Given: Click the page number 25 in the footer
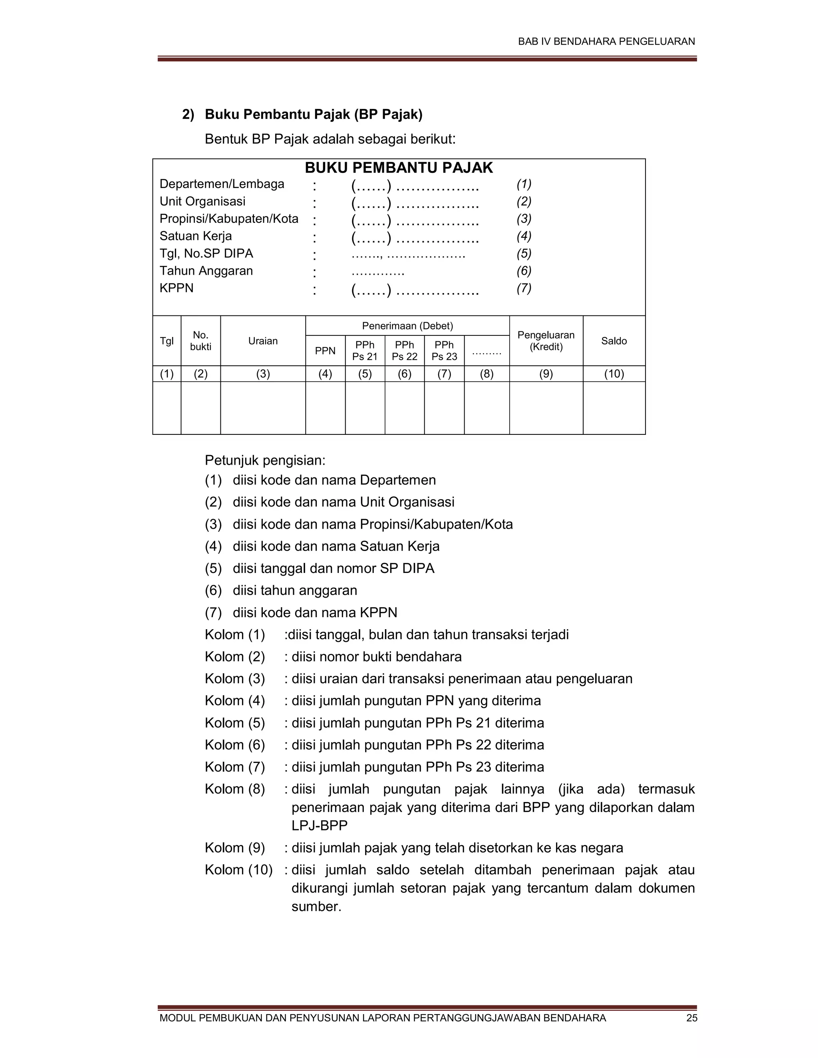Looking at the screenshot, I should [691, 1018].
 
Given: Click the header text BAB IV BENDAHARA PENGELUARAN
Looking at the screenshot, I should [606, 42].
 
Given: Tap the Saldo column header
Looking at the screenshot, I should [613, 341].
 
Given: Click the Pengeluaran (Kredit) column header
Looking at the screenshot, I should [546, 341].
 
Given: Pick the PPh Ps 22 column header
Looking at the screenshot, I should [404, 351].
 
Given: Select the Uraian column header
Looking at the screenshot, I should [263, 341].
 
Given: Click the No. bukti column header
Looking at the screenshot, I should [201, 341].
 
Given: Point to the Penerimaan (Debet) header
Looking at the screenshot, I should [407, 326].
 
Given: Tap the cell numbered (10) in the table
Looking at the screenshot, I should [613, 374].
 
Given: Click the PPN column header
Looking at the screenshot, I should [325, 351].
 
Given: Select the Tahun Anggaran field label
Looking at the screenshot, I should [206, 271].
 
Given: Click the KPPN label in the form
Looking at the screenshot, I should [177, 288].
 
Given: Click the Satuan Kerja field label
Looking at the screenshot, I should [196, 236].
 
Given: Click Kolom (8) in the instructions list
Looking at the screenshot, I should [234, 789].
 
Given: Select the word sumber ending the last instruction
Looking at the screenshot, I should [316, 907].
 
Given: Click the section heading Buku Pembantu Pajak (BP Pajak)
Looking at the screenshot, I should [314, 114].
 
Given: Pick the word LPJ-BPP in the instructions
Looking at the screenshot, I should [320, 826].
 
